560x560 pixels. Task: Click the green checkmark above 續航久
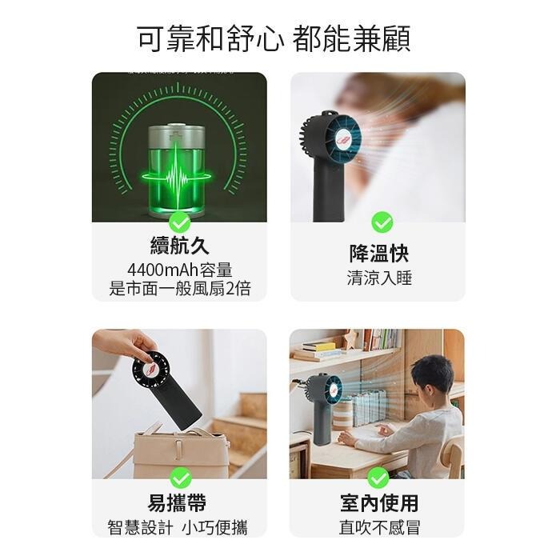pos(179,222)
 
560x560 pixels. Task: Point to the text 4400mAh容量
pos(179,270)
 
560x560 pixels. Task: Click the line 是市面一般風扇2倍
pos(179,289)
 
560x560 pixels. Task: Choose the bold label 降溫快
pos(378,254)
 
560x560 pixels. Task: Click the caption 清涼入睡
pos(379,278)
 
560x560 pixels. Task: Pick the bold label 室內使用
pos(378,503)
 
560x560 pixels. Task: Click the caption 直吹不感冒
pos(378,527)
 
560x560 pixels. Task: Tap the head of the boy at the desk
pos(431,375)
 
